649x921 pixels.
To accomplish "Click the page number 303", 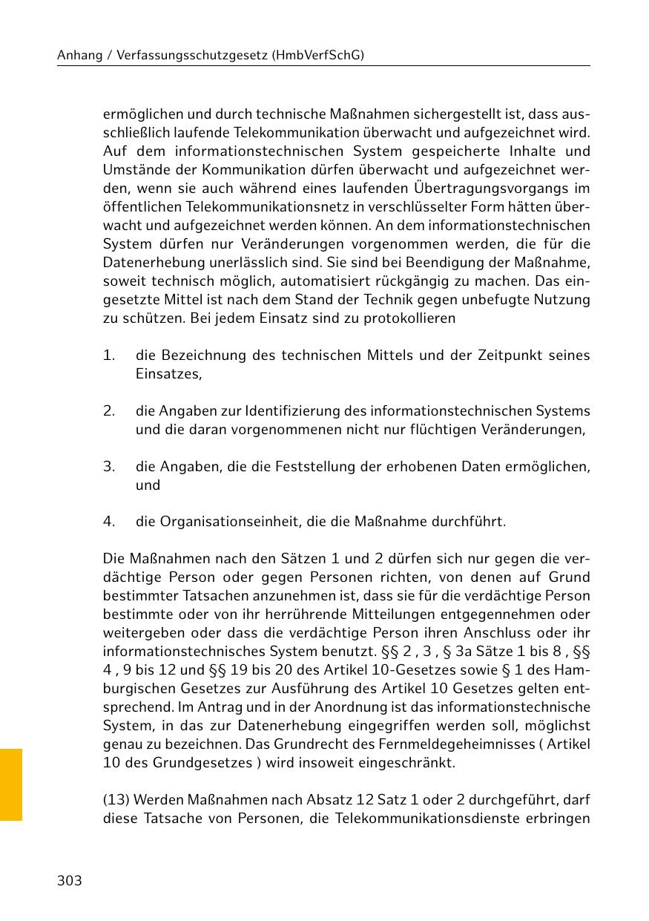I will (69, 881).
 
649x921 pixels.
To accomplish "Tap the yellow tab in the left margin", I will (10, 784).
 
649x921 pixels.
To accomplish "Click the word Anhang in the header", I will (79, 55).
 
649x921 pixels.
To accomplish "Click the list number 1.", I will (109, 355).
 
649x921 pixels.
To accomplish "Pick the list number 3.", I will (109, 467).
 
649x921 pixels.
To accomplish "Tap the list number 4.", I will (109, 522).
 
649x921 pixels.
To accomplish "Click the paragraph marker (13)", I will (116, 801).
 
